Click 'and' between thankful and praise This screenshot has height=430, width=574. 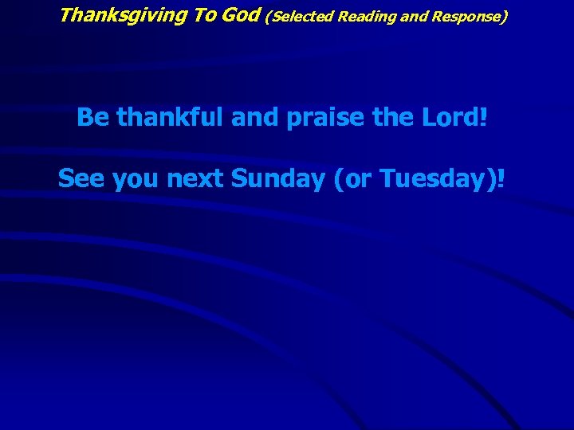tap(254, 118)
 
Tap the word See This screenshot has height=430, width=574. tap(82, 179)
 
